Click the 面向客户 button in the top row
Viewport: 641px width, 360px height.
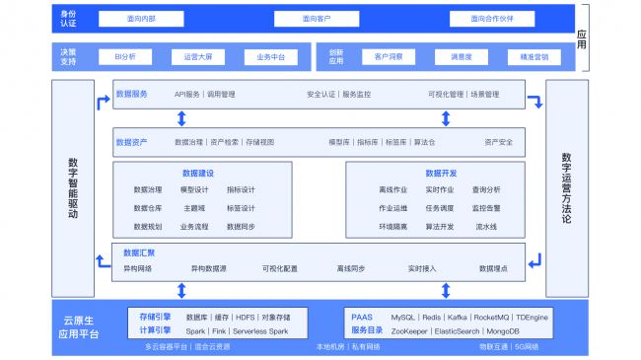(x=317, y=18)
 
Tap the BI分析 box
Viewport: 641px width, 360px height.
(x=126, y=57)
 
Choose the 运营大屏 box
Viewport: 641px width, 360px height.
(x=197, y=57)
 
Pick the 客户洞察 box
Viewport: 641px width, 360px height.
(x=389, y=57)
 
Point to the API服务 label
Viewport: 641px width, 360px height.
(x=187, y=95)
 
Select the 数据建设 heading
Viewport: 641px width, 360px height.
(x=197, y=173)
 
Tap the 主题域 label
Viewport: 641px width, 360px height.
(x=194, y=208)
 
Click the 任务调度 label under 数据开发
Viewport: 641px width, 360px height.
(x=440, y=208)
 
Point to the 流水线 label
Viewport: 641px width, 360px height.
(x=486, y=227)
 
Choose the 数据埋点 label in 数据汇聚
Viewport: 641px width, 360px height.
(x=493, y=268)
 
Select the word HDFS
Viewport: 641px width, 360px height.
(x=246, y=317)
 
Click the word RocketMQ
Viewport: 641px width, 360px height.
(x=490, y=317)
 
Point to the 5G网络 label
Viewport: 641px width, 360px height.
(x=525, y=346)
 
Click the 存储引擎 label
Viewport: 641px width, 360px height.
(x=155, y=317)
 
